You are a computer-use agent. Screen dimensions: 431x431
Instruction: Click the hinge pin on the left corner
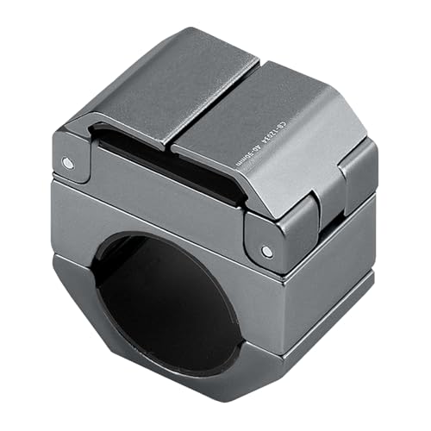click(67, 161)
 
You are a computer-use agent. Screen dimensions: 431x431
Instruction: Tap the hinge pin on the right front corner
click(265, 251)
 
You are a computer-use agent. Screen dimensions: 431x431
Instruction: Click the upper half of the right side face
click(345, 233)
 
